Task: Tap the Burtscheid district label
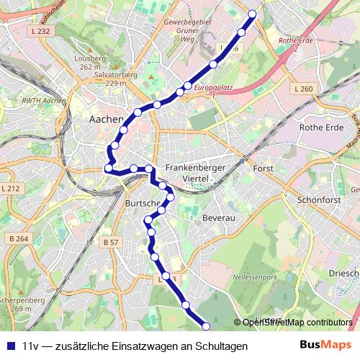point(143,203)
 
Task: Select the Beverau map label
point(219,217)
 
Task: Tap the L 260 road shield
point(304,89)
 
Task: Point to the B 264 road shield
point(19,238)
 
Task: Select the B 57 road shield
point(110,243)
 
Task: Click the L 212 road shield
point(12,189)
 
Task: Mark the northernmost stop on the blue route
point(252,14)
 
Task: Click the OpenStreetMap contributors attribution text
point(297,323)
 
